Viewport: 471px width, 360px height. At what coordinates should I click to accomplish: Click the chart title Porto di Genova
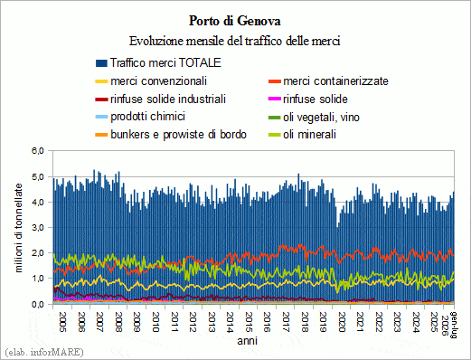tap(235, 21)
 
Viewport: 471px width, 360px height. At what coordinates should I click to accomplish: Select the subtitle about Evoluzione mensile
tap(235, 41)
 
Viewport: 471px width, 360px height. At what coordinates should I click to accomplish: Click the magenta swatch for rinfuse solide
tap(275, 99)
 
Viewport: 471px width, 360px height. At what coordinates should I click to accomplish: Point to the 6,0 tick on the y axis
tap(38, 151)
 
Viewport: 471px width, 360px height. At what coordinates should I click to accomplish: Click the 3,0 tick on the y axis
tap(38, 227)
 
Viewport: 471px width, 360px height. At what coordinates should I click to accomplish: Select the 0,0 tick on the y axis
tap(38, 304)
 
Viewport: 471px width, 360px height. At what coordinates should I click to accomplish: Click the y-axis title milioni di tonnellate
tap(19, 228)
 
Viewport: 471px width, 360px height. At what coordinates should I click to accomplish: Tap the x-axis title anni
tap(247, 341)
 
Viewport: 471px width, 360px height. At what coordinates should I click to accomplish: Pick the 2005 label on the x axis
tap(62, 322)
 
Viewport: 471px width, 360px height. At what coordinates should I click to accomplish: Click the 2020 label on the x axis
tap(342, 322)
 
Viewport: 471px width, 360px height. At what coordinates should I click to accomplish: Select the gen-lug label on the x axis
tap(454, 325)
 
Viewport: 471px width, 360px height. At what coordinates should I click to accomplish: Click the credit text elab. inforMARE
tap(44, 352)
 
